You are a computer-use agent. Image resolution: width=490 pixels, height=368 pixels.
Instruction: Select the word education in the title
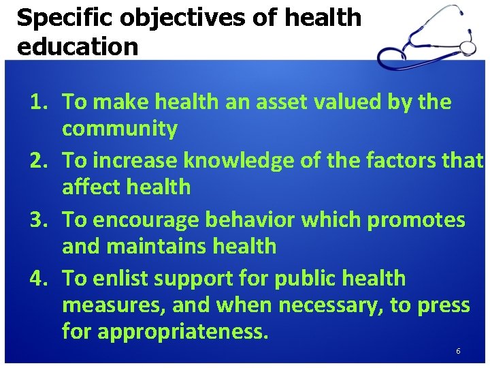(x=77, y=46)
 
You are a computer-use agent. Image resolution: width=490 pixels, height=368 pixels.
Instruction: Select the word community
(x=120, y=129)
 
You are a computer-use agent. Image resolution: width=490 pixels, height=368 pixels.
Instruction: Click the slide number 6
(x=458, y=351)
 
